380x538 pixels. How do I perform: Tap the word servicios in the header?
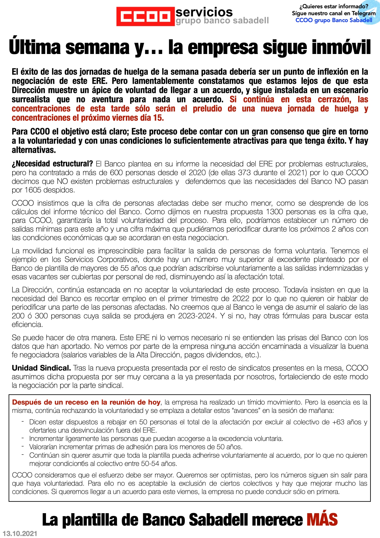tap(204, 12)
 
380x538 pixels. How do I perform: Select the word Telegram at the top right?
tap(363, 13)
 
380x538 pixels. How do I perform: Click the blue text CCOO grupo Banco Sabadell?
tap(334, 20)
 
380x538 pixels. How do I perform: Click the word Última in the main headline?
tap(35, 48)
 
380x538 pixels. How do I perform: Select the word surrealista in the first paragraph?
tap(31, 99)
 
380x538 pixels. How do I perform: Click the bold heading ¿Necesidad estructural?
tap(52, 164)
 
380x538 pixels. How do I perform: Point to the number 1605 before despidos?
tap(32, 190)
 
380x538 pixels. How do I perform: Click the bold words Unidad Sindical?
tap(41, 368)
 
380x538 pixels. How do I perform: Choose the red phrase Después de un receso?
tap(50, 402)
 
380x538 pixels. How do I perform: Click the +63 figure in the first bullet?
tap(338, 422)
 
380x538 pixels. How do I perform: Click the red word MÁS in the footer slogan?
tap(322, 520)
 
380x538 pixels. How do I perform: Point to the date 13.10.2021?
tap(20, 534)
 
